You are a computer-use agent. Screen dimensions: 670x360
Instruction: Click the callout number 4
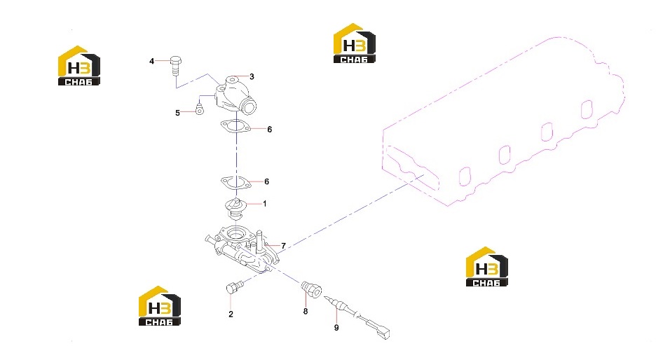[x=151, y=62]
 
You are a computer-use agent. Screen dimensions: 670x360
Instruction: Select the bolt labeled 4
[x=176, y=65]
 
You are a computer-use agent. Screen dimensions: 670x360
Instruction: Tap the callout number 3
[x=252, y=76]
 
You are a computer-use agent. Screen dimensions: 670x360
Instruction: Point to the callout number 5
[x=178, y=113]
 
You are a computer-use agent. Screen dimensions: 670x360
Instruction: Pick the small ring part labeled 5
[x=199, y=109]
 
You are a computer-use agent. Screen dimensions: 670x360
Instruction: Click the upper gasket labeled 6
[x=235, y=126]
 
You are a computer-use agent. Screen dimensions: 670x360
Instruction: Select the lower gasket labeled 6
[x=235, y=182]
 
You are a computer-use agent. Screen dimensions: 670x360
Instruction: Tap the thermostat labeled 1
[x=235, y=209]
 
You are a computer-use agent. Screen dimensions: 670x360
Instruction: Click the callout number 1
[x=264, y=204]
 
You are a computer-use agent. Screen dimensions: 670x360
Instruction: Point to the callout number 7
[x=283, y=246]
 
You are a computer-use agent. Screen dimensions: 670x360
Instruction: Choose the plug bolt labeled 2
[x=234, y=287]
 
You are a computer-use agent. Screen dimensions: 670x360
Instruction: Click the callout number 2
[x=231, y=314]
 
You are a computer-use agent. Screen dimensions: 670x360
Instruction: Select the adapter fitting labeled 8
[x=311, y=289]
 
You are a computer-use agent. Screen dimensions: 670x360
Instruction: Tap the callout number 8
[x=306, y=312]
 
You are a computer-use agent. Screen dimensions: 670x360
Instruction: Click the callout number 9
[x=336, y=328]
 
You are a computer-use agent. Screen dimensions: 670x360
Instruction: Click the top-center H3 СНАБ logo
[x=354, y=43]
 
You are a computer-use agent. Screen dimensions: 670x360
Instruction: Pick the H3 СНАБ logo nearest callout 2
[x=160, y=306]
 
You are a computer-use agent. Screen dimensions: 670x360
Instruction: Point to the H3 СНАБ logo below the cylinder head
[x=486, y=266]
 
